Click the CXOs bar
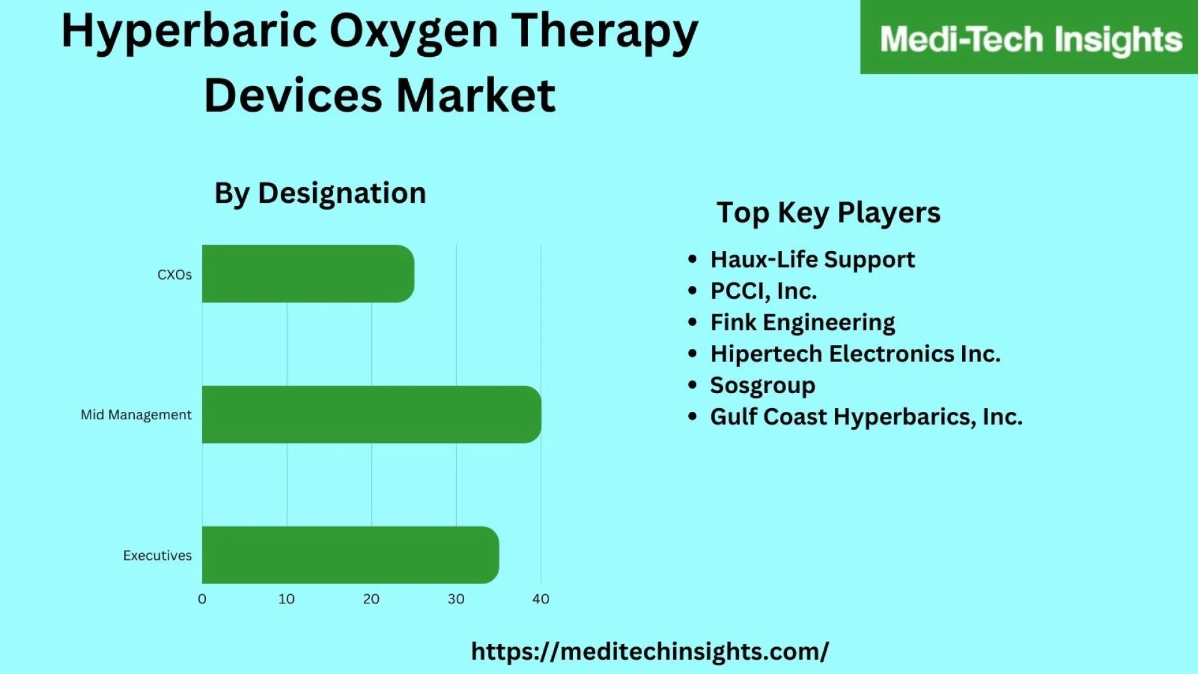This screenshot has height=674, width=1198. click(308, 273)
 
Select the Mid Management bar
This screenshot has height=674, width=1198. click(371, 414)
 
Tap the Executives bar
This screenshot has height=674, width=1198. click(350, 555)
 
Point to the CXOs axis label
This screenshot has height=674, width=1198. click(174, 275)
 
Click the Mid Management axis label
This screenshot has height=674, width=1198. click(136, 415)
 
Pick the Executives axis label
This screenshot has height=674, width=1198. click(157, 555)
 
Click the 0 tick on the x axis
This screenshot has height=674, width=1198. click(202, 599)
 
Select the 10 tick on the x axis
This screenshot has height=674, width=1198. click(286, 599)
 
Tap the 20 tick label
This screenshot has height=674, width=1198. click(371, 599)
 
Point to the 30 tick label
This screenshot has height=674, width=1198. click(456, 599)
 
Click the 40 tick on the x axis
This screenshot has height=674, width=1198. click(541, 599)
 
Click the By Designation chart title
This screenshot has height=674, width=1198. click(320, 193)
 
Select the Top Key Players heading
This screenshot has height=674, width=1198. click(828, 213)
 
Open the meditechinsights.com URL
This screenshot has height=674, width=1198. click(650, 652)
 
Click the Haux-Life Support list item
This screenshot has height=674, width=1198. click(812, 260)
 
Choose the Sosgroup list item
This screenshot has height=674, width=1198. click(762, 386)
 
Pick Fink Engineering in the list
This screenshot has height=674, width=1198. click(802, 323)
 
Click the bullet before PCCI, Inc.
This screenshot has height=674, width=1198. click(692, 291)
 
